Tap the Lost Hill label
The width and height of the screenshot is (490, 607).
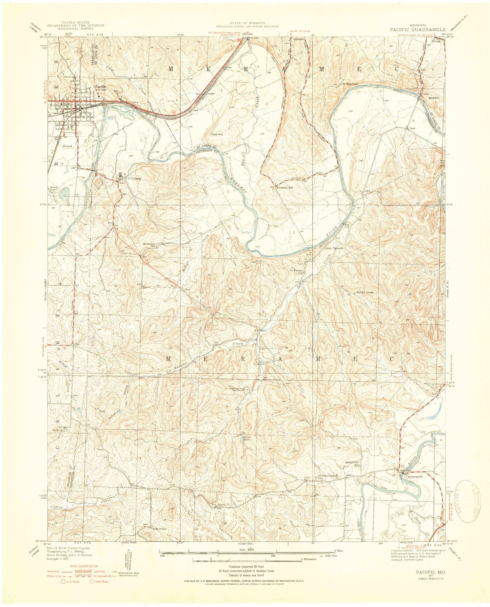[217, 134]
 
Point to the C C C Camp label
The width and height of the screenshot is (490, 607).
[133, 178]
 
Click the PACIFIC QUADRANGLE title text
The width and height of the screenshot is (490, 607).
[417, 29]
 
